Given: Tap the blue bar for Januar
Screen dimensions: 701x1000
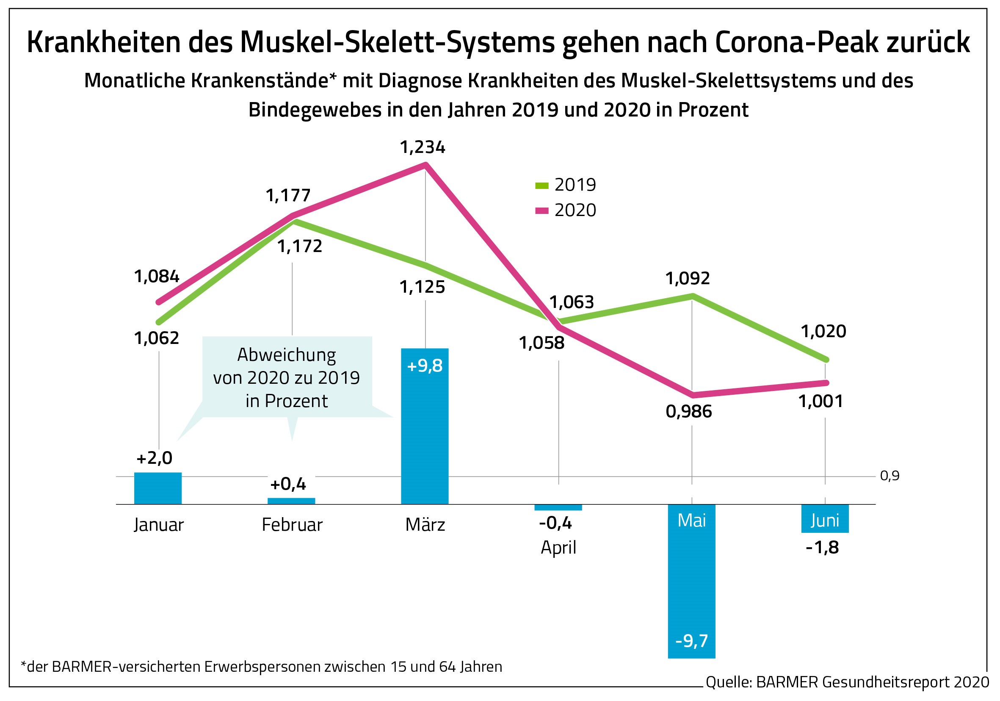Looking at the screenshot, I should [x=157, y=488].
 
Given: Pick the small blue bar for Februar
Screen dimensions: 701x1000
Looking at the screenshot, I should [x=291, y=501].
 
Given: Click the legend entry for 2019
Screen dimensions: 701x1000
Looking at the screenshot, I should [x=565, y=185].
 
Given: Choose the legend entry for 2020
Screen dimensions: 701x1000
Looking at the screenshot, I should [x=565, y=211].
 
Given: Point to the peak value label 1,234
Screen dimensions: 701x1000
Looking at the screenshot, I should [x=423, y=148].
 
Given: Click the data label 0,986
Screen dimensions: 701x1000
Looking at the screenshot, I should [x=688, y=412].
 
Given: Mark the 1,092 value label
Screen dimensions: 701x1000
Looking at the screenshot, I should [x=687, y=278].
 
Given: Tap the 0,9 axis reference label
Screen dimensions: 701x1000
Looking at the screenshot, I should [x=890, y=476].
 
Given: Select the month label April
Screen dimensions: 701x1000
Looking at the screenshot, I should [x=558, y=547].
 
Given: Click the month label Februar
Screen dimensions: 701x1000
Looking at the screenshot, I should [x=292, y=524].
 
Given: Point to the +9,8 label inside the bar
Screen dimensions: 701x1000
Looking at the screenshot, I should [x=425, y=366].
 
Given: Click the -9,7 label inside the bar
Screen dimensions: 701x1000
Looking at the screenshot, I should [x=691, y=641].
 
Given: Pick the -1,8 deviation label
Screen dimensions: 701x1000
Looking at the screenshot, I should [x=822, y=548].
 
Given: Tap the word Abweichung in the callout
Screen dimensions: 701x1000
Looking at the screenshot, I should [x=287, y=355].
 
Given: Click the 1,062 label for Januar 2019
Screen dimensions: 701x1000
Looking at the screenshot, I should [x=156, y=338].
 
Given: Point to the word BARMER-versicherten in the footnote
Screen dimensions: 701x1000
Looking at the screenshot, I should [x=126, y=667].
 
